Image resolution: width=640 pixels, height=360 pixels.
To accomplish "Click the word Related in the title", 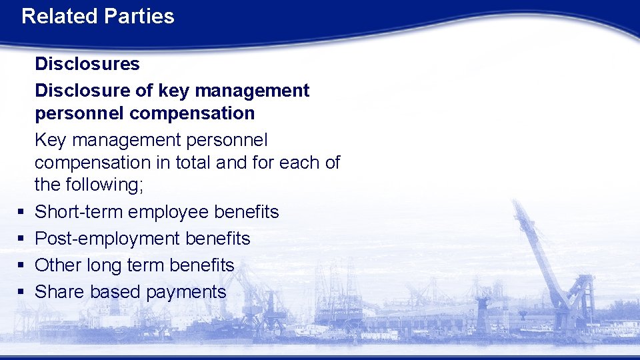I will tap(58, 16).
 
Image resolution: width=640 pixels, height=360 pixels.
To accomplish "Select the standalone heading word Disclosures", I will tap(87, 64).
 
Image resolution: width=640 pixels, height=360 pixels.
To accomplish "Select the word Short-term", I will tap(79, 212).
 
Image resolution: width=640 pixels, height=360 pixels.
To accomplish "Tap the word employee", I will tap(169, 212).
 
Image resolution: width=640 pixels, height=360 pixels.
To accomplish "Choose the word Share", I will tap(59, 292).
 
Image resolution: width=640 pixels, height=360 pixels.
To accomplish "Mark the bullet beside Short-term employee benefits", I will tap(21, 212).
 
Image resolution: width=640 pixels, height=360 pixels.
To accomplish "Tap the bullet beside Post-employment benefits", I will tap(21, 239).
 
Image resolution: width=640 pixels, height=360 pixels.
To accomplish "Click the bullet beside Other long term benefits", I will tap(21, 265).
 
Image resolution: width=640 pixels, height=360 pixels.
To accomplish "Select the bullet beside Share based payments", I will tap(21, 292).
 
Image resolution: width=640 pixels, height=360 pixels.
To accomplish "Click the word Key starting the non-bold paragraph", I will tap(51, 140).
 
